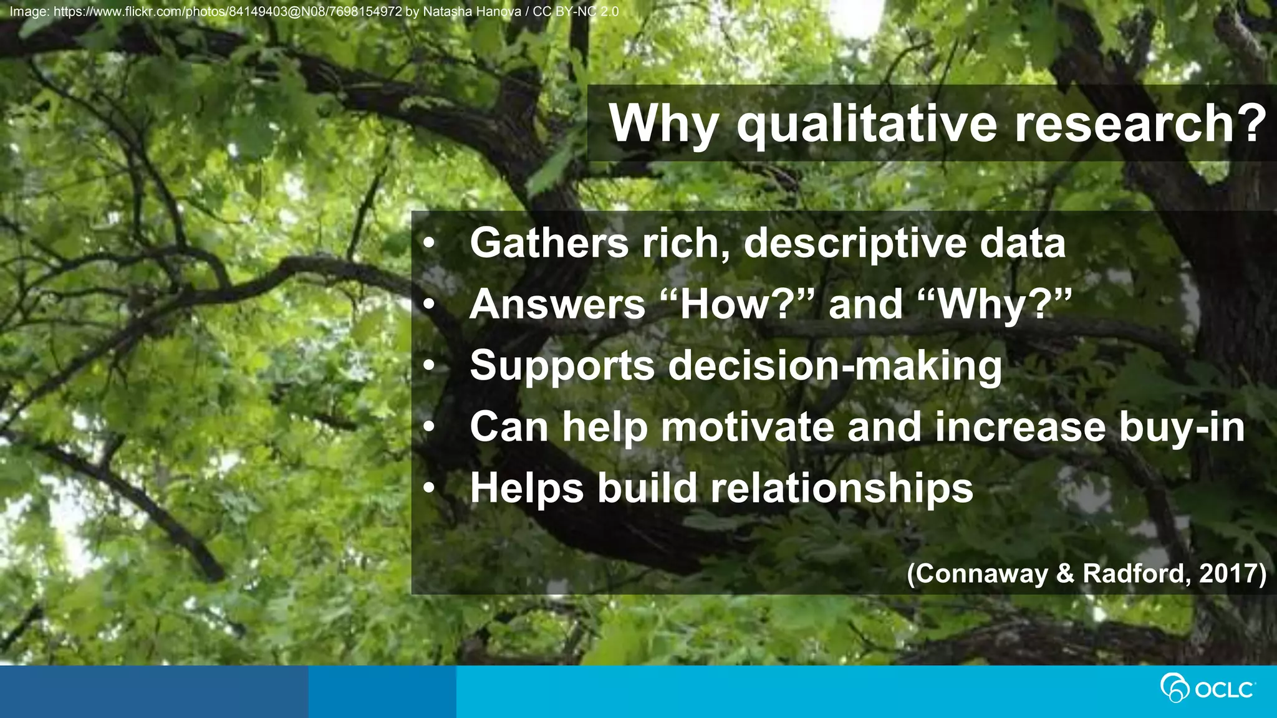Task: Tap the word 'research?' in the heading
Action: tap(1140, 123)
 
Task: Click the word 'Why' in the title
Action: tap(663, 123)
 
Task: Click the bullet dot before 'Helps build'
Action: tap(428, 489)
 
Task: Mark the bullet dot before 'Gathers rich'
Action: tap(428, 244)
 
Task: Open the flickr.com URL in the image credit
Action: tap(228, 12)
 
